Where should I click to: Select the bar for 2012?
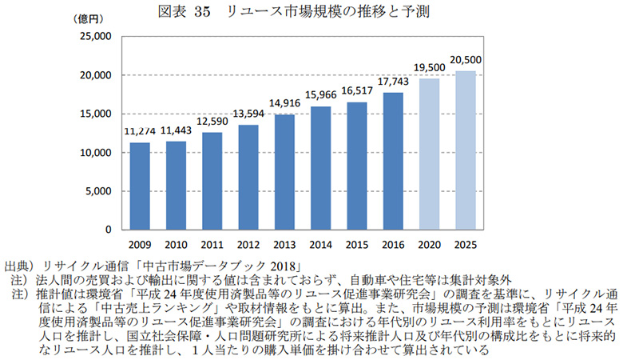[x=248, y=177]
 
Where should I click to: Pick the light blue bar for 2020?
[x=429, y=154]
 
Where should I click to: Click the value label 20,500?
[x=465, y=61]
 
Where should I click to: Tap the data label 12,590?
[x=212, y=122]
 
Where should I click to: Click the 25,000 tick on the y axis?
[x=95, y=37]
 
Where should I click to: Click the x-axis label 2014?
[x=320, y=246]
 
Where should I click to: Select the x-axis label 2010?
[x=176, y=246]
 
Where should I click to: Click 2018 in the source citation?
[x=281, y=265]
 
